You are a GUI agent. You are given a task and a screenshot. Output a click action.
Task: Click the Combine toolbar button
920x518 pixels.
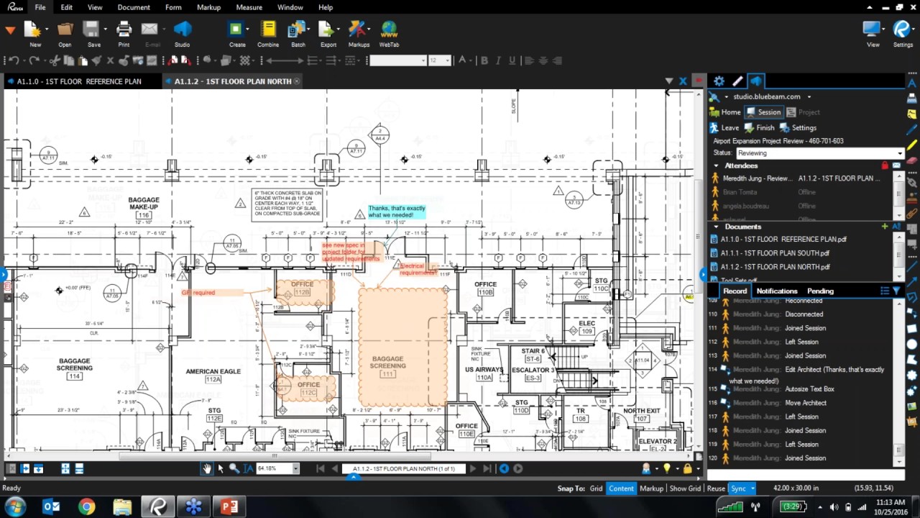point(268,34)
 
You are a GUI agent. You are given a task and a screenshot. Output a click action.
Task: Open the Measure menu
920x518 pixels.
point(249,7)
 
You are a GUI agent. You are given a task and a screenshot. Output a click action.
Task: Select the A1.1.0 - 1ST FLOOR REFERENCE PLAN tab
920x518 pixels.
point(78,81)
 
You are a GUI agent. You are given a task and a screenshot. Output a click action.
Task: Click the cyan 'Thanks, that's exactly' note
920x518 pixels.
point(397,212)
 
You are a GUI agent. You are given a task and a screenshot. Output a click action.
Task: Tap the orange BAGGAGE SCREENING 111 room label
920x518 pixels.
point(387,365)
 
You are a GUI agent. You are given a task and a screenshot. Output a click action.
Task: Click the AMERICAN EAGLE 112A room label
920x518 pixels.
point(213,375)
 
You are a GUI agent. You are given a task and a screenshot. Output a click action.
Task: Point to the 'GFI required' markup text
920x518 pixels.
point(198,293)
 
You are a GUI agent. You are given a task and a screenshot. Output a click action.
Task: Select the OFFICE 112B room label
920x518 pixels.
point(302,288)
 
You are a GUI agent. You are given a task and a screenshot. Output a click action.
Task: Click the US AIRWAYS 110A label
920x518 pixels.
point(484,373)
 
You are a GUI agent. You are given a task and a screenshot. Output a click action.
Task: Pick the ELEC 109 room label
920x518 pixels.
point(586,327)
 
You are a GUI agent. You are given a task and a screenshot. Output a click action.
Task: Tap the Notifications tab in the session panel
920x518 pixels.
point(776,291)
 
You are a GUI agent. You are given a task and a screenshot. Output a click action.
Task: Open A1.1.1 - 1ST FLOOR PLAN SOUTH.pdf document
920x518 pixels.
point(775,253)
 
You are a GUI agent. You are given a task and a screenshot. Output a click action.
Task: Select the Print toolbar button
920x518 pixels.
point(124,34)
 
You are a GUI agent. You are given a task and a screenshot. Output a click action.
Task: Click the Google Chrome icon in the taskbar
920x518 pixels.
point(86,507)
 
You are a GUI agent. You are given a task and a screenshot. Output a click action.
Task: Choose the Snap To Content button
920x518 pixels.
point(621,489)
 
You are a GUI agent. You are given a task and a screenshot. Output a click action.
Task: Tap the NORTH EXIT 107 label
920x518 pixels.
point(642,414)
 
